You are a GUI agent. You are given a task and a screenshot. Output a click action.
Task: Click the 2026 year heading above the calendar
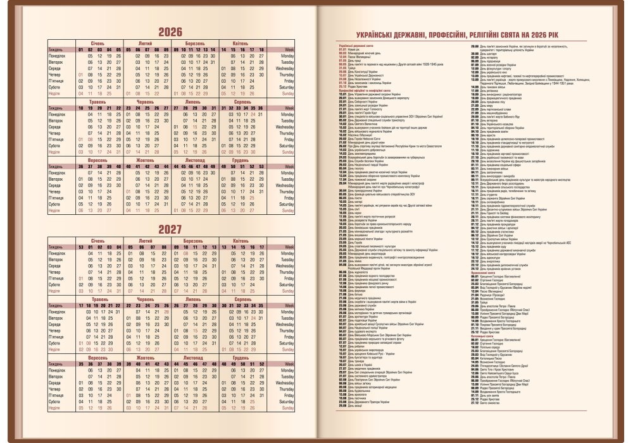(170, 32)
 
